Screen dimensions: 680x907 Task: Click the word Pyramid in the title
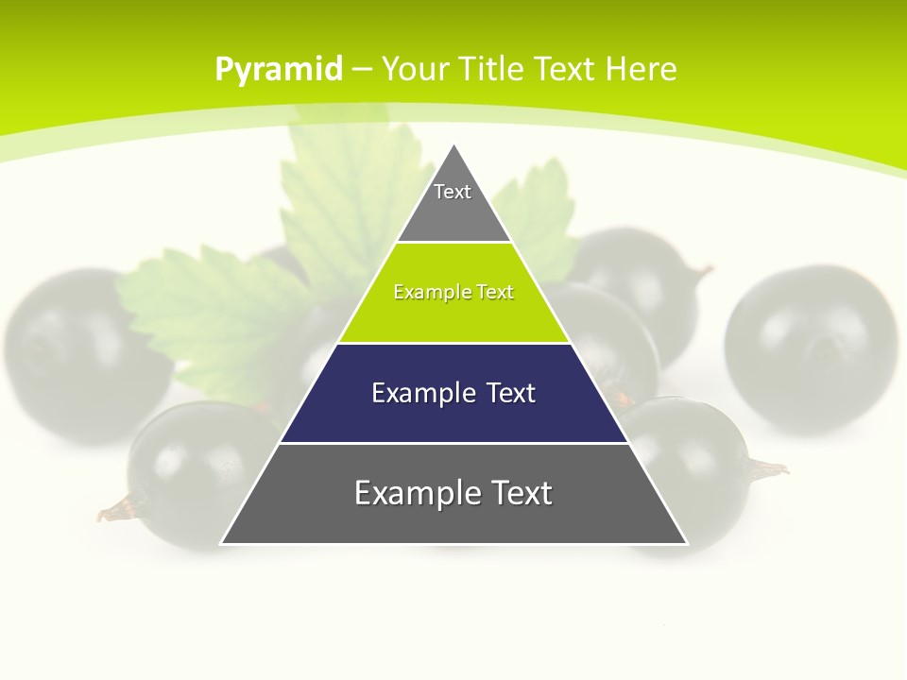[279, 70]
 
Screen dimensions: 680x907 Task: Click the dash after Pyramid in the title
[362, 70]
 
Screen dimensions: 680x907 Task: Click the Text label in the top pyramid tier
[453, 192]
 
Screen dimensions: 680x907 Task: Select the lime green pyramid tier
[453, 316]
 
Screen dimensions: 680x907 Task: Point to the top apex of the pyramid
[454, 146]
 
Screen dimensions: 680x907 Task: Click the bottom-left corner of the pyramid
[223, 542]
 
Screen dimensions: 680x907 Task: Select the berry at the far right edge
[811, 349]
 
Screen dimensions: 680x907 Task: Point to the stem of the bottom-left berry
[115, 510]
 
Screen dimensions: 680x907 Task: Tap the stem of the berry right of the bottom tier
[767, 467]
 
